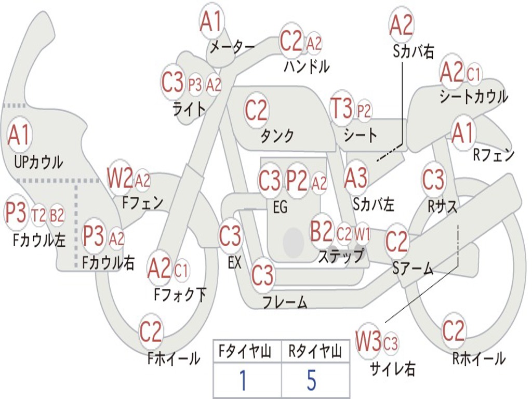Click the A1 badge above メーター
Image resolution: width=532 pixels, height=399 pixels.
pos(211,22)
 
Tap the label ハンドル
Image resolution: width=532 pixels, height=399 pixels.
pos(307,66)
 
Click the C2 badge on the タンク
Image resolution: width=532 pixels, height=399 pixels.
pos(256,110)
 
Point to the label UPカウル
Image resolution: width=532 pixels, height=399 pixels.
pos(38,162)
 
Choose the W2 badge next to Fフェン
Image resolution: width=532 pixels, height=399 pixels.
pos(119,179)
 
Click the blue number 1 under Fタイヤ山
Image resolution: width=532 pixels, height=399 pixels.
pos(242,380)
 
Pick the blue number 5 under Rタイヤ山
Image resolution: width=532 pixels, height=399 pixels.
pos(311,380)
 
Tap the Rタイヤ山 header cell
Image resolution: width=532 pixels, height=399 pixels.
pos(315,352)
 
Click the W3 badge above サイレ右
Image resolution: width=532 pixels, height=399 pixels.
pos(368,342)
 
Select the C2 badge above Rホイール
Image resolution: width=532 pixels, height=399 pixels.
pos(453,331)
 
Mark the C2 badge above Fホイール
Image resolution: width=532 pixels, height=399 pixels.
pos(151,331)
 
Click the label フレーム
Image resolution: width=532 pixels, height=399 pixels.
pos(285,302)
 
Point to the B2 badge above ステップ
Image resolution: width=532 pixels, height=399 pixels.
pos(321,232)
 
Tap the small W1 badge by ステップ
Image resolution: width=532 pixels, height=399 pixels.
pos(362,235)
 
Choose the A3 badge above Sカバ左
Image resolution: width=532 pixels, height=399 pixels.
pos(356,178)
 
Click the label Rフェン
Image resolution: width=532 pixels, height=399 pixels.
pos(493,155)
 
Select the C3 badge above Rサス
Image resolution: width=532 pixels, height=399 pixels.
pos(433,180)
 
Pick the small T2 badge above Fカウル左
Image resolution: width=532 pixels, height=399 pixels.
pos(38,215)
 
